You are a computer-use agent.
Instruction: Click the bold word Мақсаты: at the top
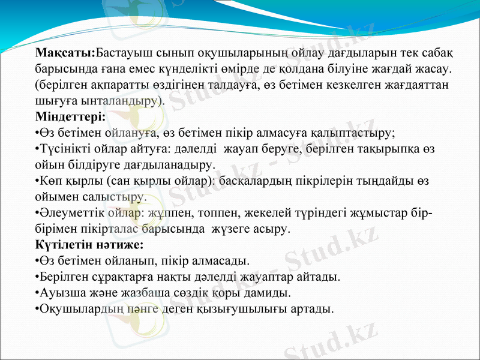[65, 54]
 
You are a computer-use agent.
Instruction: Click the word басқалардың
[259, 180]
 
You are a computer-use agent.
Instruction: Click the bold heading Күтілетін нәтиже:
[89, 245]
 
